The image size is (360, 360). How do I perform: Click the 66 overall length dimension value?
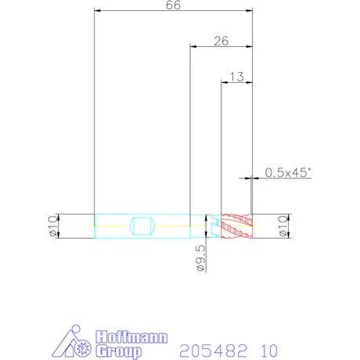pyautogui.click(x=173, y=5)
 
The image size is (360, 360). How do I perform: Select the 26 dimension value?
pyautogui.click(x=221, y=41)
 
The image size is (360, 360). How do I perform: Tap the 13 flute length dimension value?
pyautogui.click(x=237, y=77)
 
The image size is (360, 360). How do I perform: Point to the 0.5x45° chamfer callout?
pyautogui.click(x=288, y=172)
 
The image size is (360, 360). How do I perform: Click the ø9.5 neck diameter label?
pyautogui.click(x=201, y=258)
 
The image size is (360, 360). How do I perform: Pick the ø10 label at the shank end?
pyautogui.click(x=53, y=226)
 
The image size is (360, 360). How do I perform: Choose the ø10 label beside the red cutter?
pyautogui.click(x=283, y=226)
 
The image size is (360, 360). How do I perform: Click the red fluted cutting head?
pyautogui.click(x=237, y=226)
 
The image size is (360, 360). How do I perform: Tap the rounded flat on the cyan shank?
pyautogui.click(x=142, y=226)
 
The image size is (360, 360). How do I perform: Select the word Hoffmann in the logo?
pyautogui.click(x=131, y=337)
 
